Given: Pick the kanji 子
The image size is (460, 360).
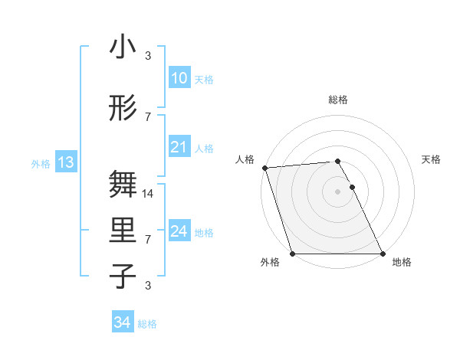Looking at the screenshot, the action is pos(123,277).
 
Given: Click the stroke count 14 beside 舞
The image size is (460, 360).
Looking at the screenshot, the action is pos(149,194).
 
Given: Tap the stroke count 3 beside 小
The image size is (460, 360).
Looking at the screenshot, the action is pos(148,56).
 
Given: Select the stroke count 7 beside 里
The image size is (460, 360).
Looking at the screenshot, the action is pos(148,240).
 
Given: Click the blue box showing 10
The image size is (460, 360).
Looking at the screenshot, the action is pos(179,79).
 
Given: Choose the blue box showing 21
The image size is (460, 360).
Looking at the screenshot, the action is pos(179,148).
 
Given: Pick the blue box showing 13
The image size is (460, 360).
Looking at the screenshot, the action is pos(65,162).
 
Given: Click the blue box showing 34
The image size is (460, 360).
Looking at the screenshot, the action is pos(122,323).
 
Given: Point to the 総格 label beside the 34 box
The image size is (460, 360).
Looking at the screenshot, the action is pos(147,324).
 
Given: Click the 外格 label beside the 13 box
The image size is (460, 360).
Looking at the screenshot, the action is pos(41,163).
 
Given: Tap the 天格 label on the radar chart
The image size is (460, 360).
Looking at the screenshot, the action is pos(432,159).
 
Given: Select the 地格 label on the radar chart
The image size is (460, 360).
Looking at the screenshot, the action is pos(402,263).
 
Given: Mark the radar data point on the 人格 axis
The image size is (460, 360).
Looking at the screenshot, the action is pos(264,168).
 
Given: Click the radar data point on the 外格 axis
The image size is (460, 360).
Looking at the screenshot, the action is pos(292,254).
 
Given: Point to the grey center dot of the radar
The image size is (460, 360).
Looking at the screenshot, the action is pos(337,191).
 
